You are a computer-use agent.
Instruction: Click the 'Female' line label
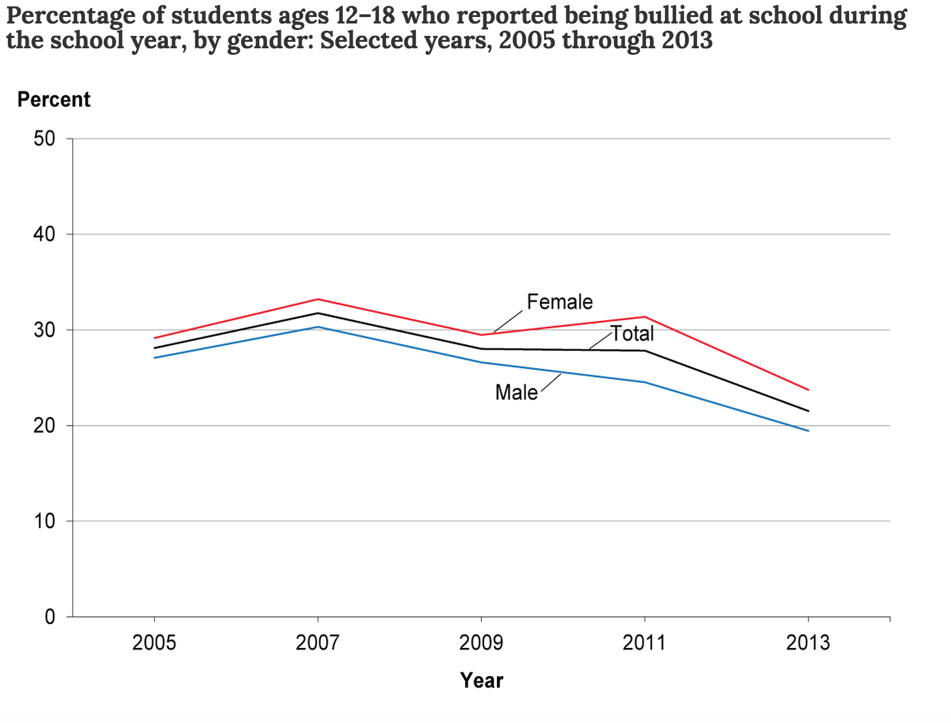pos(560,302)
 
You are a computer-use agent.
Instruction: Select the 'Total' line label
pos(632,334)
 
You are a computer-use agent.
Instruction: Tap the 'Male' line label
pos(517,392)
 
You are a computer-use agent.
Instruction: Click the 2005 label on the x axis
pos(154,643)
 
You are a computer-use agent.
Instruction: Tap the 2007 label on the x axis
pos(317,643)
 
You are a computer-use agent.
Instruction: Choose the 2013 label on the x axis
pos(808,643)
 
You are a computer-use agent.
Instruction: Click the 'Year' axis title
pos(481,681)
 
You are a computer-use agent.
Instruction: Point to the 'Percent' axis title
pos(54,100)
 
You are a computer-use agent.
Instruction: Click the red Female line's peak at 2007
pos(317,300)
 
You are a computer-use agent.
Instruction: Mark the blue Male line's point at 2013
pos(808,431)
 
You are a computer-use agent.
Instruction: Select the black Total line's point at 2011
pos(645,351)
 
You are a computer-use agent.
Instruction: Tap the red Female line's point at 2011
pos(645,317)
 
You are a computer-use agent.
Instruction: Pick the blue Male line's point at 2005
pos(154,358)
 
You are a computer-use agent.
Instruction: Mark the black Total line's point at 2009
pos(481,349)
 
